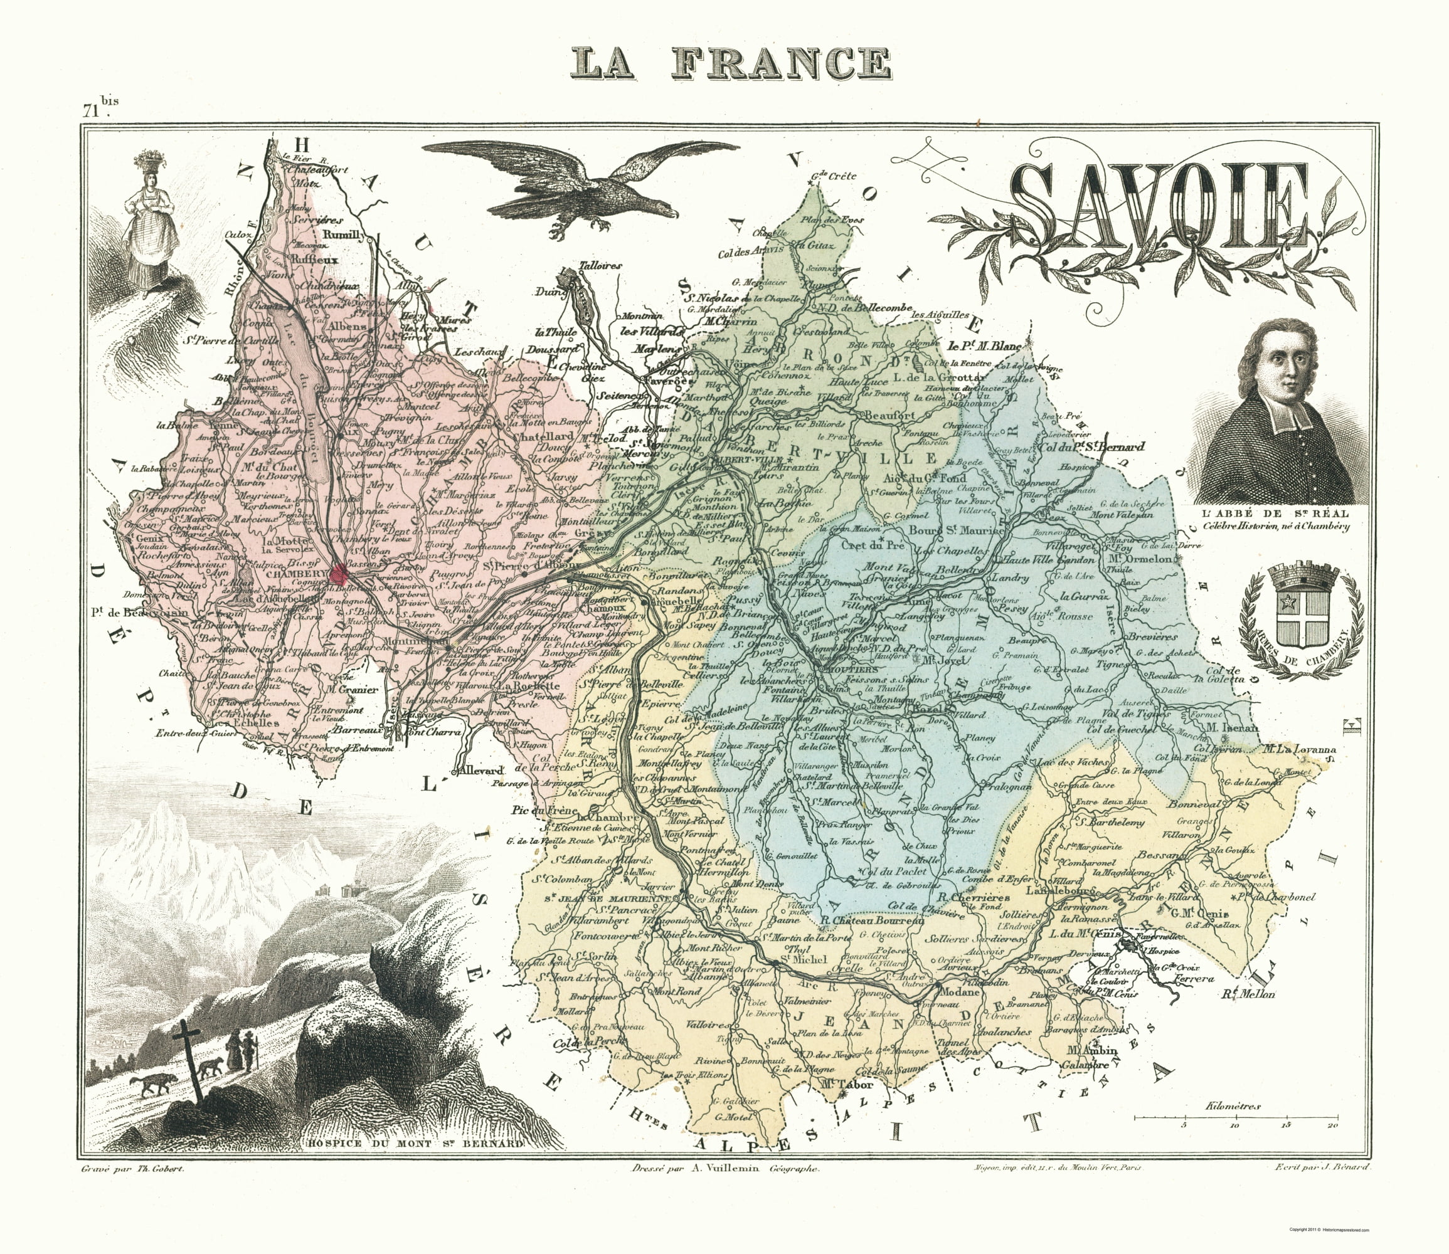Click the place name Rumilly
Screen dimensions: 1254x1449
pos(343,236)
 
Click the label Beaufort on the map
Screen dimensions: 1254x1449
pos(889,415)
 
